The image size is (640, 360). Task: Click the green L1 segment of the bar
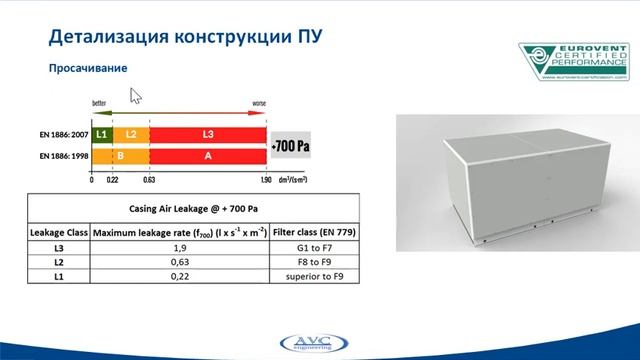coord(101,133)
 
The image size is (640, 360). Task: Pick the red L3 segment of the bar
coord(207,133)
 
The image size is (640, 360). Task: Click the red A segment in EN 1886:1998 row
coord(207,156)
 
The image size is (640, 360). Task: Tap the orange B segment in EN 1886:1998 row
coord(119,156)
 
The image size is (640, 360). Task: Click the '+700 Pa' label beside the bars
coord(291,145)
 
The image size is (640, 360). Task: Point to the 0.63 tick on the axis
coord(149,180)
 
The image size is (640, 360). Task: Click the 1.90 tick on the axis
coord(266,180)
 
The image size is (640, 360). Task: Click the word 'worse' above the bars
coord(258,102)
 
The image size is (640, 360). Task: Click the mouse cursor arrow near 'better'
coord(135,95)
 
